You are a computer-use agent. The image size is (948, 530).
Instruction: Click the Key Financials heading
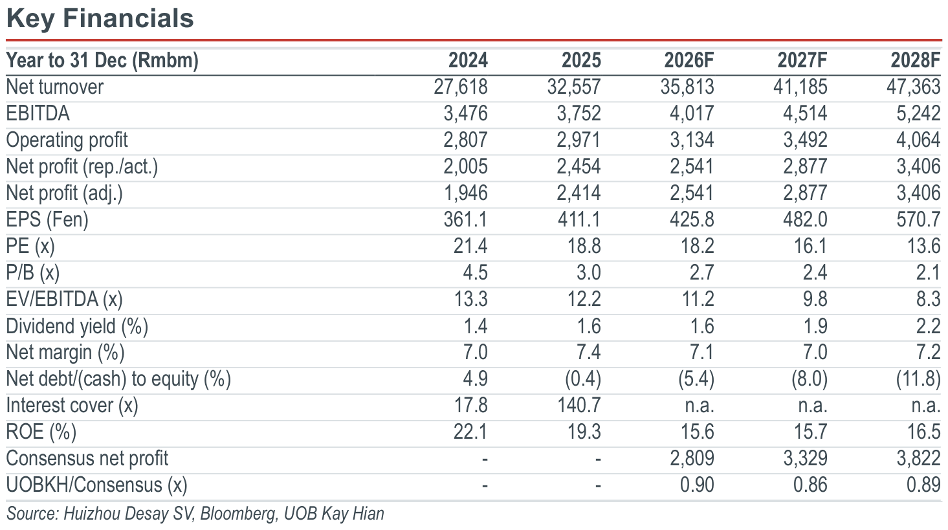100,19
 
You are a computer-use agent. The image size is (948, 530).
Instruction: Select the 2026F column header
689,60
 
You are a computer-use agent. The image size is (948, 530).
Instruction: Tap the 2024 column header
468,60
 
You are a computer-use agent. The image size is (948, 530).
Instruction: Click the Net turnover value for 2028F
914,87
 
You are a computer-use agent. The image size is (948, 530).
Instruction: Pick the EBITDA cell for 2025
579,113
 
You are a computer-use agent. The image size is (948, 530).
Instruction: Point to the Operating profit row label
67,140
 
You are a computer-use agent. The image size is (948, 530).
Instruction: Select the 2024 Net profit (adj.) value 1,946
465,193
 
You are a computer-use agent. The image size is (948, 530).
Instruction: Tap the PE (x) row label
30,246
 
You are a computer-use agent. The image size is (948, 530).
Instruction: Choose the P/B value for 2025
589,272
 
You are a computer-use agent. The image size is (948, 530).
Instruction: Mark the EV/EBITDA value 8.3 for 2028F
929,299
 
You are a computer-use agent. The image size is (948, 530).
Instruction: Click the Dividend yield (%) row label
77,326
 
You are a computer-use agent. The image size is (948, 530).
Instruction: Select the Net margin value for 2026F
702,352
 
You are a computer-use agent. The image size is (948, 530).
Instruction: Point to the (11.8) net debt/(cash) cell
918,379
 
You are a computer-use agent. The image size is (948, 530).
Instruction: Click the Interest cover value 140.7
579,406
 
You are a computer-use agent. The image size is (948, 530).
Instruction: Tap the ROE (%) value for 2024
470,432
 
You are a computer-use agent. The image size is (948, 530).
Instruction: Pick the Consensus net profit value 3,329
805,458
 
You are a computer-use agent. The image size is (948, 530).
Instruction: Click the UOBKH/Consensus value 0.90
697,485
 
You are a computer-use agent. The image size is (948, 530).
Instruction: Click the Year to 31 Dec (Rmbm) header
102,61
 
